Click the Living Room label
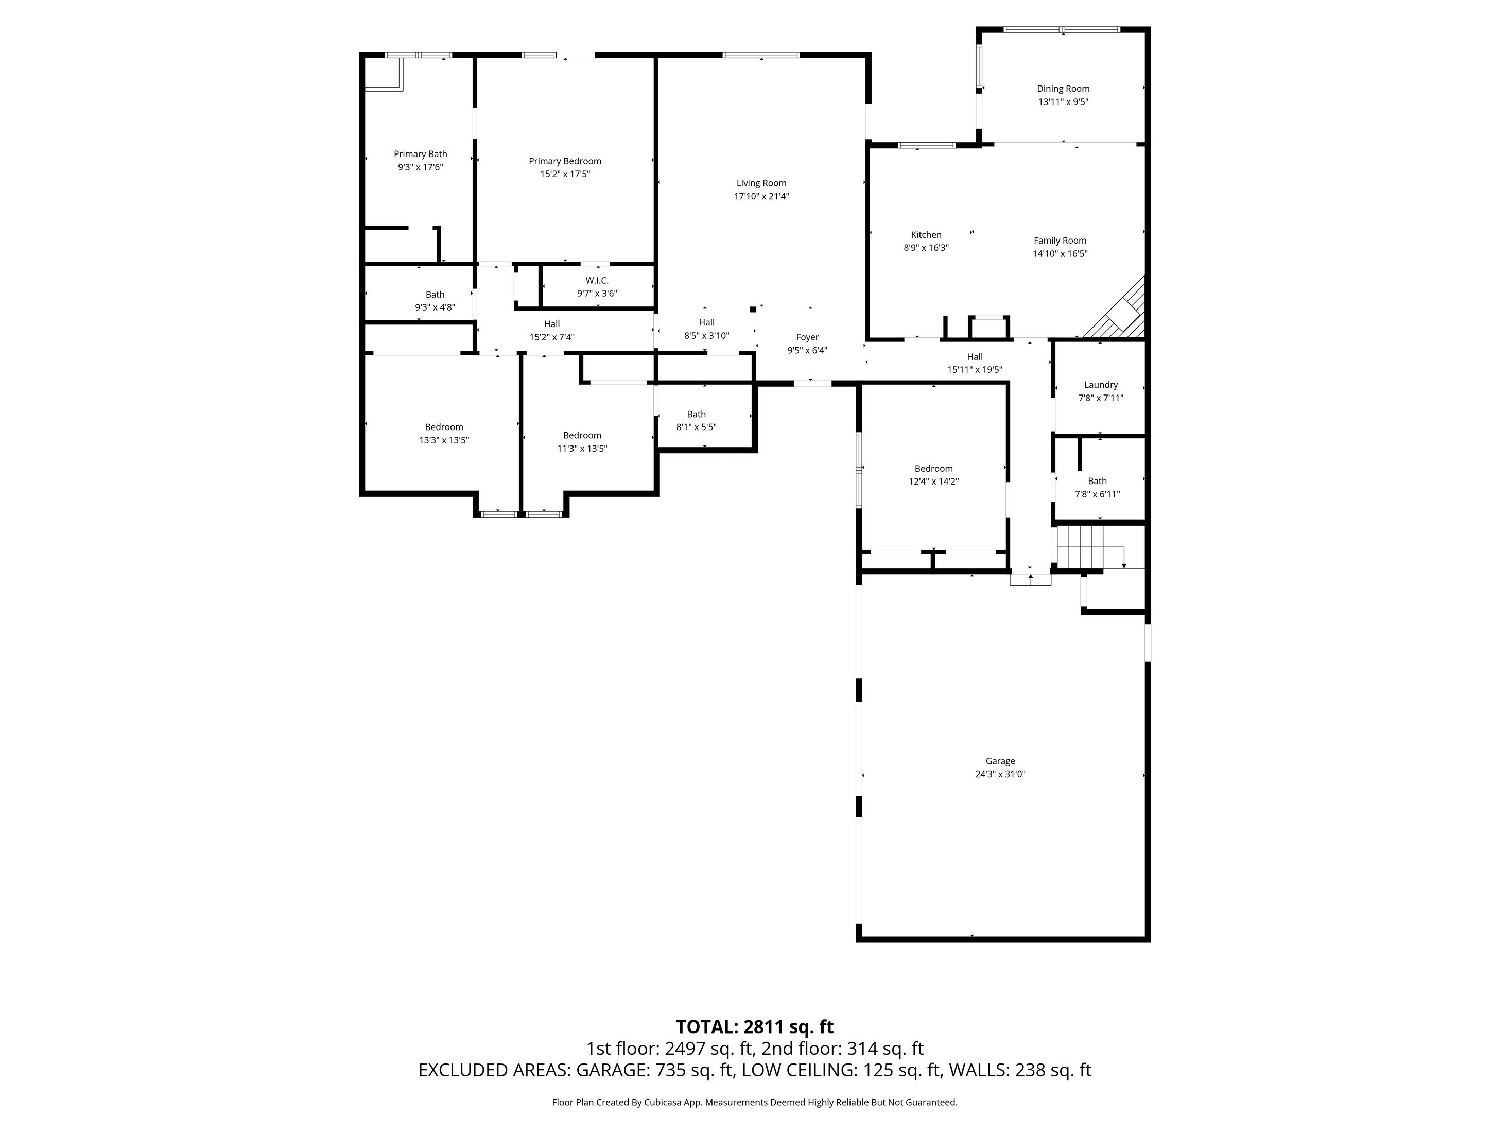[761, 183]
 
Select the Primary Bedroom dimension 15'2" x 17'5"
[565, 174]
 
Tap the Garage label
[1000, 761]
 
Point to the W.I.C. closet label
[597, 281]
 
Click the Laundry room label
[1100, 385]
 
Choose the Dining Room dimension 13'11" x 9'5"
[1063, 102]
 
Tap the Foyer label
[807, 337]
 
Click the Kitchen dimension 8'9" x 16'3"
[926, 248]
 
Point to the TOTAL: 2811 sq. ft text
[754, 1026]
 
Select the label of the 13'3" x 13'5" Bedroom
[444, 427]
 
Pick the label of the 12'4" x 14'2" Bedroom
[933, 469]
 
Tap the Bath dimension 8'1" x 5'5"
[696, 427]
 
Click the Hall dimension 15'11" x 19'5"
[974, 370]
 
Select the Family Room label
[1060, 241]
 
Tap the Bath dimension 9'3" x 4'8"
[435, 307]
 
